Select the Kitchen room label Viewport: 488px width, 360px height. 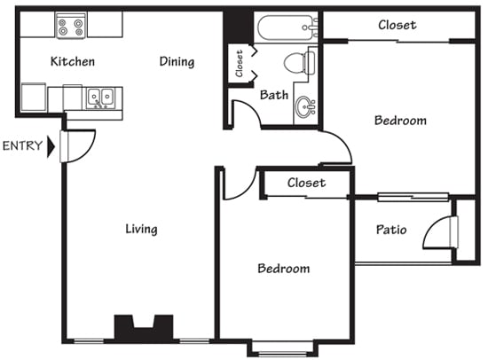(x=72, y=62)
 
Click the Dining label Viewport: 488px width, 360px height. (x=177, y=62)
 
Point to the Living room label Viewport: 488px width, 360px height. (x=141, y=230)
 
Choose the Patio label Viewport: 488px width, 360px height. (x=391, y=230)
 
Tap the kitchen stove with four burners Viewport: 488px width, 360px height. (x=69, y=27)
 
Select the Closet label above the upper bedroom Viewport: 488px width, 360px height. (x=397, y=25)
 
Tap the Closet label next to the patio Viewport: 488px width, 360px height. (x=306, y=184)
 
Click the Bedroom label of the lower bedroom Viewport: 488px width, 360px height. (x=283, y=269)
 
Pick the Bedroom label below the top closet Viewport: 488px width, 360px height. (x=400, y=121)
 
